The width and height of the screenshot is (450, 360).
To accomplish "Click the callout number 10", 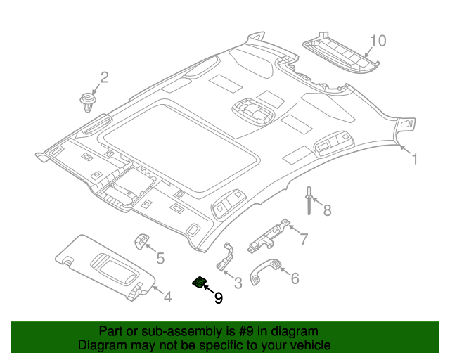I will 378,41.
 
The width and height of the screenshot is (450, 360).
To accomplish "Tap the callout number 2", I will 104,77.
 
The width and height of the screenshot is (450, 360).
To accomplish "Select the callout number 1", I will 414,160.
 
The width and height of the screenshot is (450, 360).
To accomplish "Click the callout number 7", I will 304,239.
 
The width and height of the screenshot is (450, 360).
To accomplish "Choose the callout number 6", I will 294,278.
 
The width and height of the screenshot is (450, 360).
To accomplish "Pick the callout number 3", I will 238,283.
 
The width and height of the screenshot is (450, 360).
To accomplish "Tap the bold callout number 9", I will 218,298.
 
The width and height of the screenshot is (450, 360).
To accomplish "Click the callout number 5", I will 160,259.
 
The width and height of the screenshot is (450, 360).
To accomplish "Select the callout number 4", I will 167,297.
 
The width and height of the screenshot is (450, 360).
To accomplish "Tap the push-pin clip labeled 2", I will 87,101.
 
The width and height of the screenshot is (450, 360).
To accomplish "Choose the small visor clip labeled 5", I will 142,241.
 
